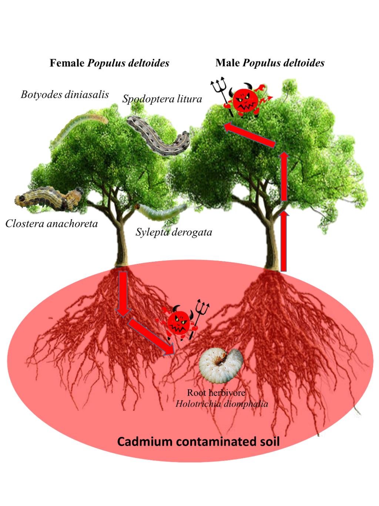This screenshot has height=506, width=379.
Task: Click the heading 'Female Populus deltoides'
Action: pyautogui.click(x=110, y=63)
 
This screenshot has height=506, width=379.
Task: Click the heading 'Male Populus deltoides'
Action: pyautogui.click(x=270, y=63)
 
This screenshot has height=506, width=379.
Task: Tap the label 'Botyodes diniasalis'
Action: pyautogui.click(x=65, y=95)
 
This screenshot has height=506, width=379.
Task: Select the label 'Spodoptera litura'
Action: pyautogui.click(x=162, y=99)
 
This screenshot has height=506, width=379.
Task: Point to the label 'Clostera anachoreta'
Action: pyautogui.click(x=51, y=224)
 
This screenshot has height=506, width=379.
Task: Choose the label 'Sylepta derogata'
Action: pyautogui.click(x=174, y=232)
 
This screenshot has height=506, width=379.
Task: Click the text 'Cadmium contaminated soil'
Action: pyautogui.click(x=198, y=442)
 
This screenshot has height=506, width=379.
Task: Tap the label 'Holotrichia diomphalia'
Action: pyautogui.click(x=222, y=404)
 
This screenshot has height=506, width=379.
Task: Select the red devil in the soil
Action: pyautogui.click(x=182, y=322)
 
